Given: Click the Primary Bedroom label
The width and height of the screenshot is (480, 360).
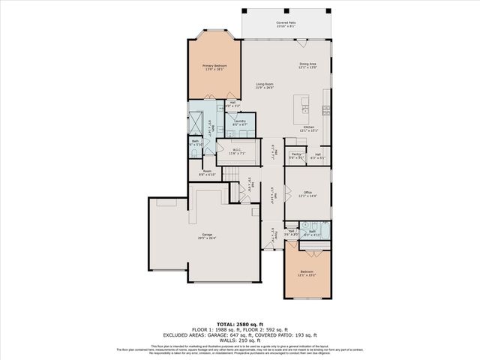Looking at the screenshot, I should point(214,67).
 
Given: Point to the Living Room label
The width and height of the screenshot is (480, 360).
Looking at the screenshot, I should point(264,85).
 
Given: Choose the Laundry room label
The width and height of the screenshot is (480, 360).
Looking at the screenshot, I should point(240,122).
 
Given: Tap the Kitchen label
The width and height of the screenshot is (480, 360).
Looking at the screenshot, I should point(307,129).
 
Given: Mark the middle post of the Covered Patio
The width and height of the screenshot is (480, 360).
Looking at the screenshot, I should point(287,10).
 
